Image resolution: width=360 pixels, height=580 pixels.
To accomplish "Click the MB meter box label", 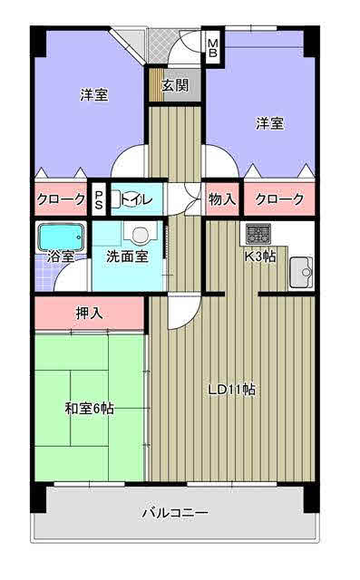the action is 213,48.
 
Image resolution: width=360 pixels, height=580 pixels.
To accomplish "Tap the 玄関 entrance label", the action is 175,85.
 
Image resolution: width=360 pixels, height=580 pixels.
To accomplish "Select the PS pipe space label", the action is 99,199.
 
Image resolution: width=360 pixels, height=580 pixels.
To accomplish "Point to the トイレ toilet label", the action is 136,199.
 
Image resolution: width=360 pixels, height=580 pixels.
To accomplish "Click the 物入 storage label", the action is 222,199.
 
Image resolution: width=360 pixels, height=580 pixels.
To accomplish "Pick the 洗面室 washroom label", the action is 127,256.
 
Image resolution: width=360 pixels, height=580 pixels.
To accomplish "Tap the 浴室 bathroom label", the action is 61,256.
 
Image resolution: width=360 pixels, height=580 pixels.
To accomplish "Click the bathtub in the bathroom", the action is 61,237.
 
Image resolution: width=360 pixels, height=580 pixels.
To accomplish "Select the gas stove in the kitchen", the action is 258,234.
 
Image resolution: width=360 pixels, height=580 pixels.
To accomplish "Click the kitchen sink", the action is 301,272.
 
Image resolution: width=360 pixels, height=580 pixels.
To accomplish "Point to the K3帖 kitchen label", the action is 260,256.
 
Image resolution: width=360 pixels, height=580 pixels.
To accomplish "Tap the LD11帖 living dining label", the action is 231,390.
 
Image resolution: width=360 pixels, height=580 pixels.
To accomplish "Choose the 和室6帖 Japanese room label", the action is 89,409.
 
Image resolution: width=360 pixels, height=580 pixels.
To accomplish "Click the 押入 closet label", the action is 89,314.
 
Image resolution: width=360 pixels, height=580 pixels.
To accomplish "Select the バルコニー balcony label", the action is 175,513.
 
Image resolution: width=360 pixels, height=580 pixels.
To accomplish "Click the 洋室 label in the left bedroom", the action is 94,95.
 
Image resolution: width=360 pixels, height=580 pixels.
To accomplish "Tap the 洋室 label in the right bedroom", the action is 270,123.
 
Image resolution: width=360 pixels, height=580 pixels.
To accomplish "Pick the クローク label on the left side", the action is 61,199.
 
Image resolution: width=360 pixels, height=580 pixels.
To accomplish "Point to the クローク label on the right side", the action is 279,199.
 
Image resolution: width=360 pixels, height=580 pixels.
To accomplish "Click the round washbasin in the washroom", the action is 141,234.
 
